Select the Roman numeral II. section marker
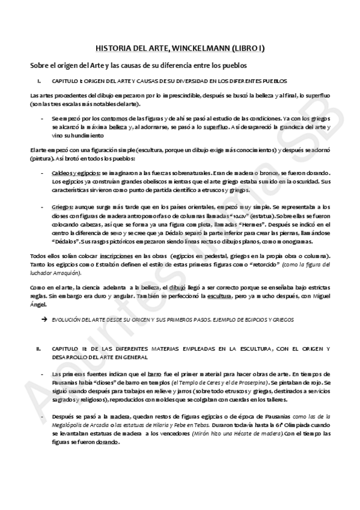coord(38,349)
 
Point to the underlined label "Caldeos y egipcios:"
coord(72,173)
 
